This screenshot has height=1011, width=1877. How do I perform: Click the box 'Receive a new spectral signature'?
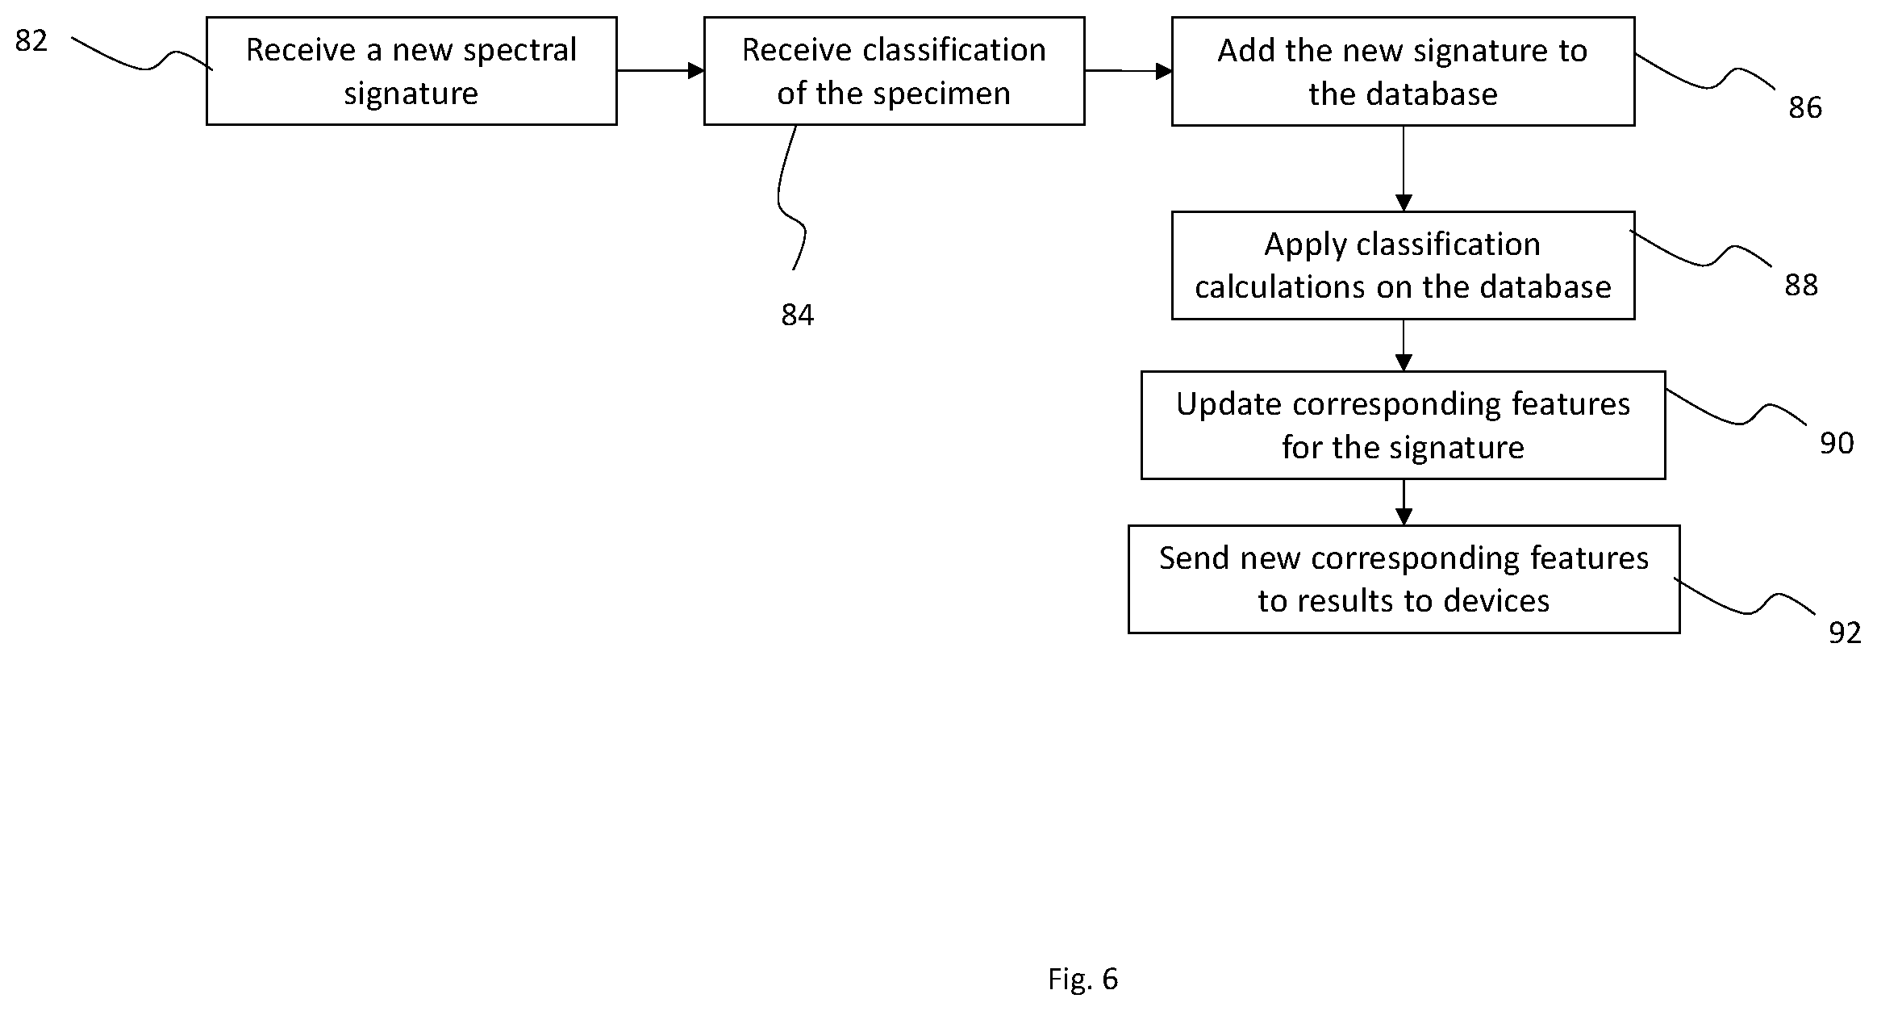coord(411,71)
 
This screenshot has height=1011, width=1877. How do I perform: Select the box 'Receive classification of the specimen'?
coord(894,71)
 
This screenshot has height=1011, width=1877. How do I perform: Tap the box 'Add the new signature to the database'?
coord(1403,71)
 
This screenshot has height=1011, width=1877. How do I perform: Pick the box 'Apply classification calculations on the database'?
coord(1403,265)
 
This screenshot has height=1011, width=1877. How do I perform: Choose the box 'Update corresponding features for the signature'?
coord(1403,425)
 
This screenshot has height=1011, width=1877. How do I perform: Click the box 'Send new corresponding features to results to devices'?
coord(1404,579)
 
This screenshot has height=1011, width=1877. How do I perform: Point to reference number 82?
coord(31,40)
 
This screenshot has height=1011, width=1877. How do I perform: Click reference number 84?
coord(798,315)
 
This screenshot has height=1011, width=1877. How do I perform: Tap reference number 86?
coord(1805,107)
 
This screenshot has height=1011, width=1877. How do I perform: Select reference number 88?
coord(1801,285)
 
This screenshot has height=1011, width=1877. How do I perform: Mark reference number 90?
coord(1837,443)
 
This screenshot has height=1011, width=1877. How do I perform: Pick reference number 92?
coord(1845,633)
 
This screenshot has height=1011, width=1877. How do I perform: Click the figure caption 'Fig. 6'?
coord(1082,979)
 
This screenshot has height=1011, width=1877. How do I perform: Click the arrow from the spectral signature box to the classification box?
coord(661,71)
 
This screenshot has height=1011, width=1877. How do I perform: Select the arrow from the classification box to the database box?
coord(1128,71)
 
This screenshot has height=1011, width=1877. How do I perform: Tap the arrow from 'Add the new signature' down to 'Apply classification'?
coord(1404,169)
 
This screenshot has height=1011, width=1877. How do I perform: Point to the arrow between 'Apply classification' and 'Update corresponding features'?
coord(1404,345)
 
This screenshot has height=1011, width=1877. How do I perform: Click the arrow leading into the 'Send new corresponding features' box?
coord(1404,502)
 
